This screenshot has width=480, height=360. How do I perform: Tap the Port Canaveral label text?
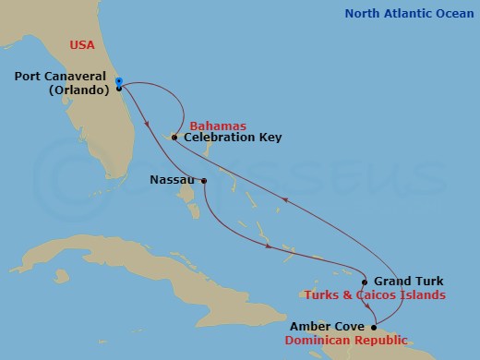click(x=65, y=77)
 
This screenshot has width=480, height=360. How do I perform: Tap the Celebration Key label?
click(x=233, y=138)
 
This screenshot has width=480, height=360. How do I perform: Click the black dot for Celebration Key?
click(x=174, y=138)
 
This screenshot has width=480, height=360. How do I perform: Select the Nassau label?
click(x=171, y=181)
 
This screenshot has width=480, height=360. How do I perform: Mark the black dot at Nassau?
click(x=203, y=181)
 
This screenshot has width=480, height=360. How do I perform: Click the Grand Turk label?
click(x=408, y=282)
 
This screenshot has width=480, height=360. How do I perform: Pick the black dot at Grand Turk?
click(x=366, y=282)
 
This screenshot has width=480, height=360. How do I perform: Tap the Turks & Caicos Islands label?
click(x=375, y=295)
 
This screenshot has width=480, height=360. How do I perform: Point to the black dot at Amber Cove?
click(x=373, y=327)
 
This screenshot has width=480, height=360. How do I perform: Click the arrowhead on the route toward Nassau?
click(x=149, y=127)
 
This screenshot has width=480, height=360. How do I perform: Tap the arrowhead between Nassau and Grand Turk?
click(x=268, y=246)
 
